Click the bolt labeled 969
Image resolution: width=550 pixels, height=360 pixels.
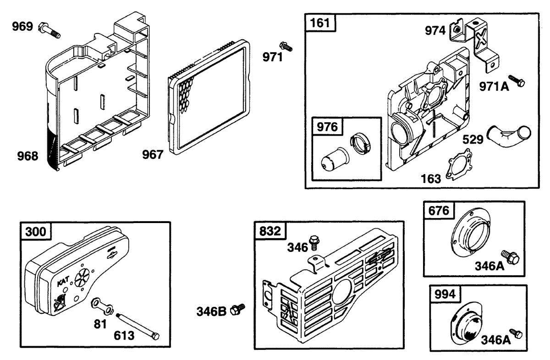(50, 29)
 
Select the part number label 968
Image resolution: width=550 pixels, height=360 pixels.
(27, 156)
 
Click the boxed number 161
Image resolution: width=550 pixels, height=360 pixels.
(320, 23)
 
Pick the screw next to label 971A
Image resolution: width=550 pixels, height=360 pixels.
(517, 82)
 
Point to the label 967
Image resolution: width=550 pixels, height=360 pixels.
(153, 155)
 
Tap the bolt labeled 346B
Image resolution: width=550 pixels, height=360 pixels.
(238, 310)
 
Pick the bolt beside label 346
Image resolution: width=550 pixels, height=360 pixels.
(314, 241)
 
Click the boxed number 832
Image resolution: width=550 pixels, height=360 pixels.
(270, 231)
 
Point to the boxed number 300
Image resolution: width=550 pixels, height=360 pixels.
(36, 232)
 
